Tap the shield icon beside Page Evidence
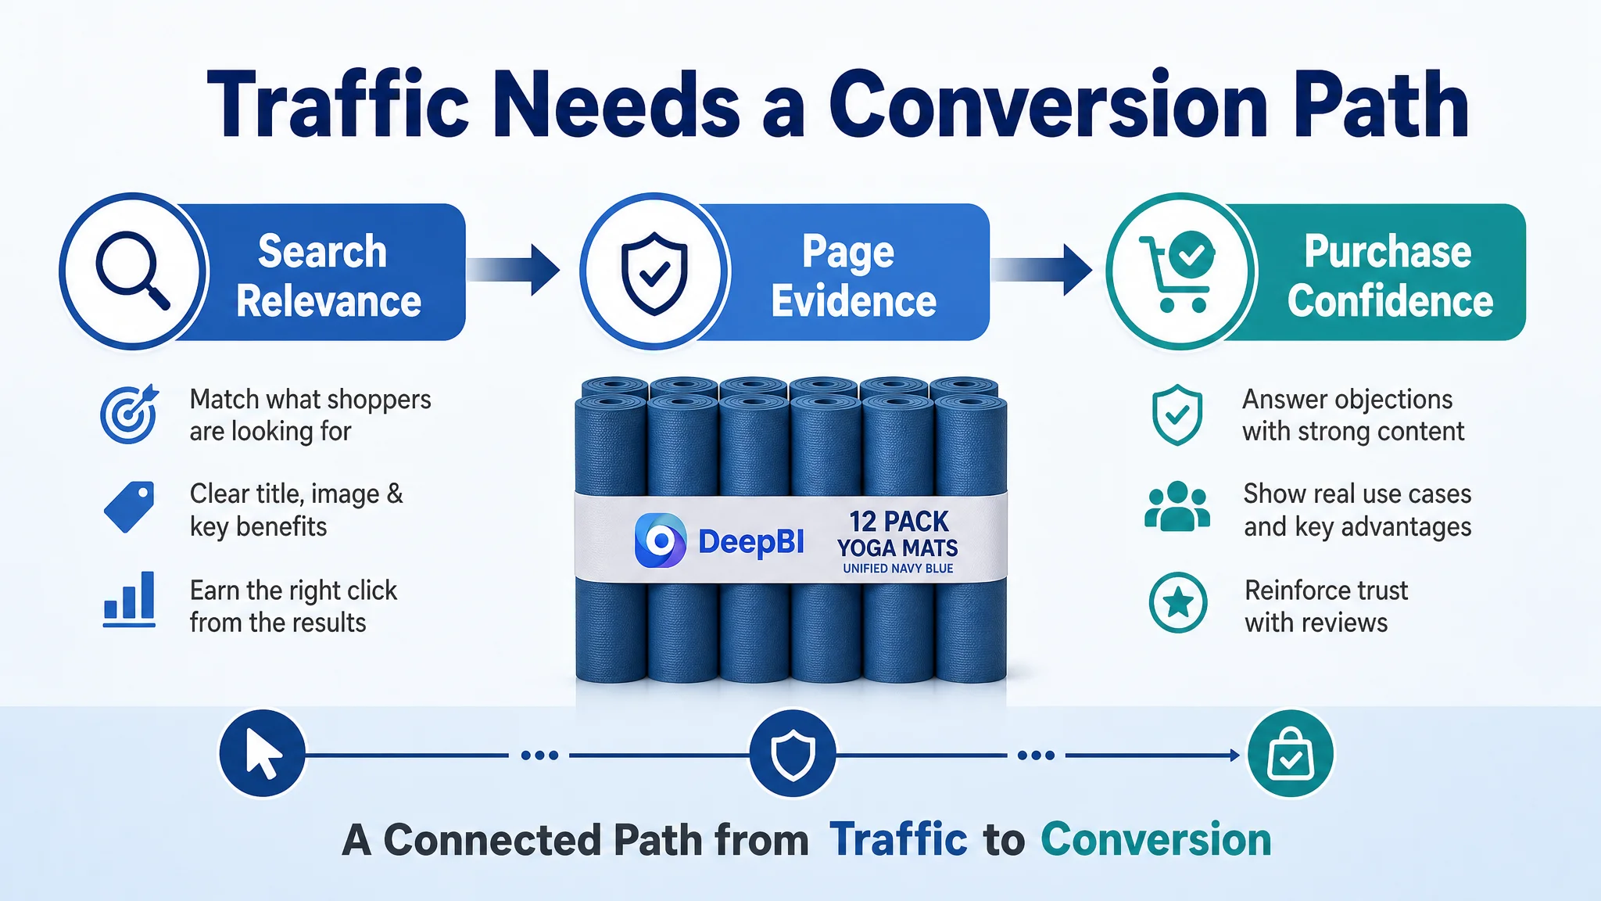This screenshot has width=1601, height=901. [654, 273]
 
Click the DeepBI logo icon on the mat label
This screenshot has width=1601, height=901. [661, 540]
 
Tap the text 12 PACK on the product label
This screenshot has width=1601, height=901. [898, 521]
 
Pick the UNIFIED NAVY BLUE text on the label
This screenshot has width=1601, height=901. [897, 569]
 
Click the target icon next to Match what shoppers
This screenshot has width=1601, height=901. [130, 415]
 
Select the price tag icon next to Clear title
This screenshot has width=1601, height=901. [129, 507]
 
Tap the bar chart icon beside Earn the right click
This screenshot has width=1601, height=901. [129, 599]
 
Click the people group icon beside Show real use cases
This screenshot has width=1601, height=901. [1177, 507]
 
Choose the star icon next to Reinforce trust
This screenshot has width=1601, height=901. [1178, 602]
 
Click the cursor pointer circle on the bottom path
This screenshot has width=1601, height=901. [262, 753]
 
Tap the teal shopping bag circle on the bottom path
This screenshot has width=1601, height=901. [1291, 754]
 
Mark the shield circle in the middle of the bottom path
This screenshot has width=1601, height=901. [793, 754]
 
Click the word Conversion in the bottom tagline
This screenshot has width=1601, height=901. [1155, 840]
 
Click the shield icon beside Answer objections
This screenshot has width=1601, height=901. [1177, 415]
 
